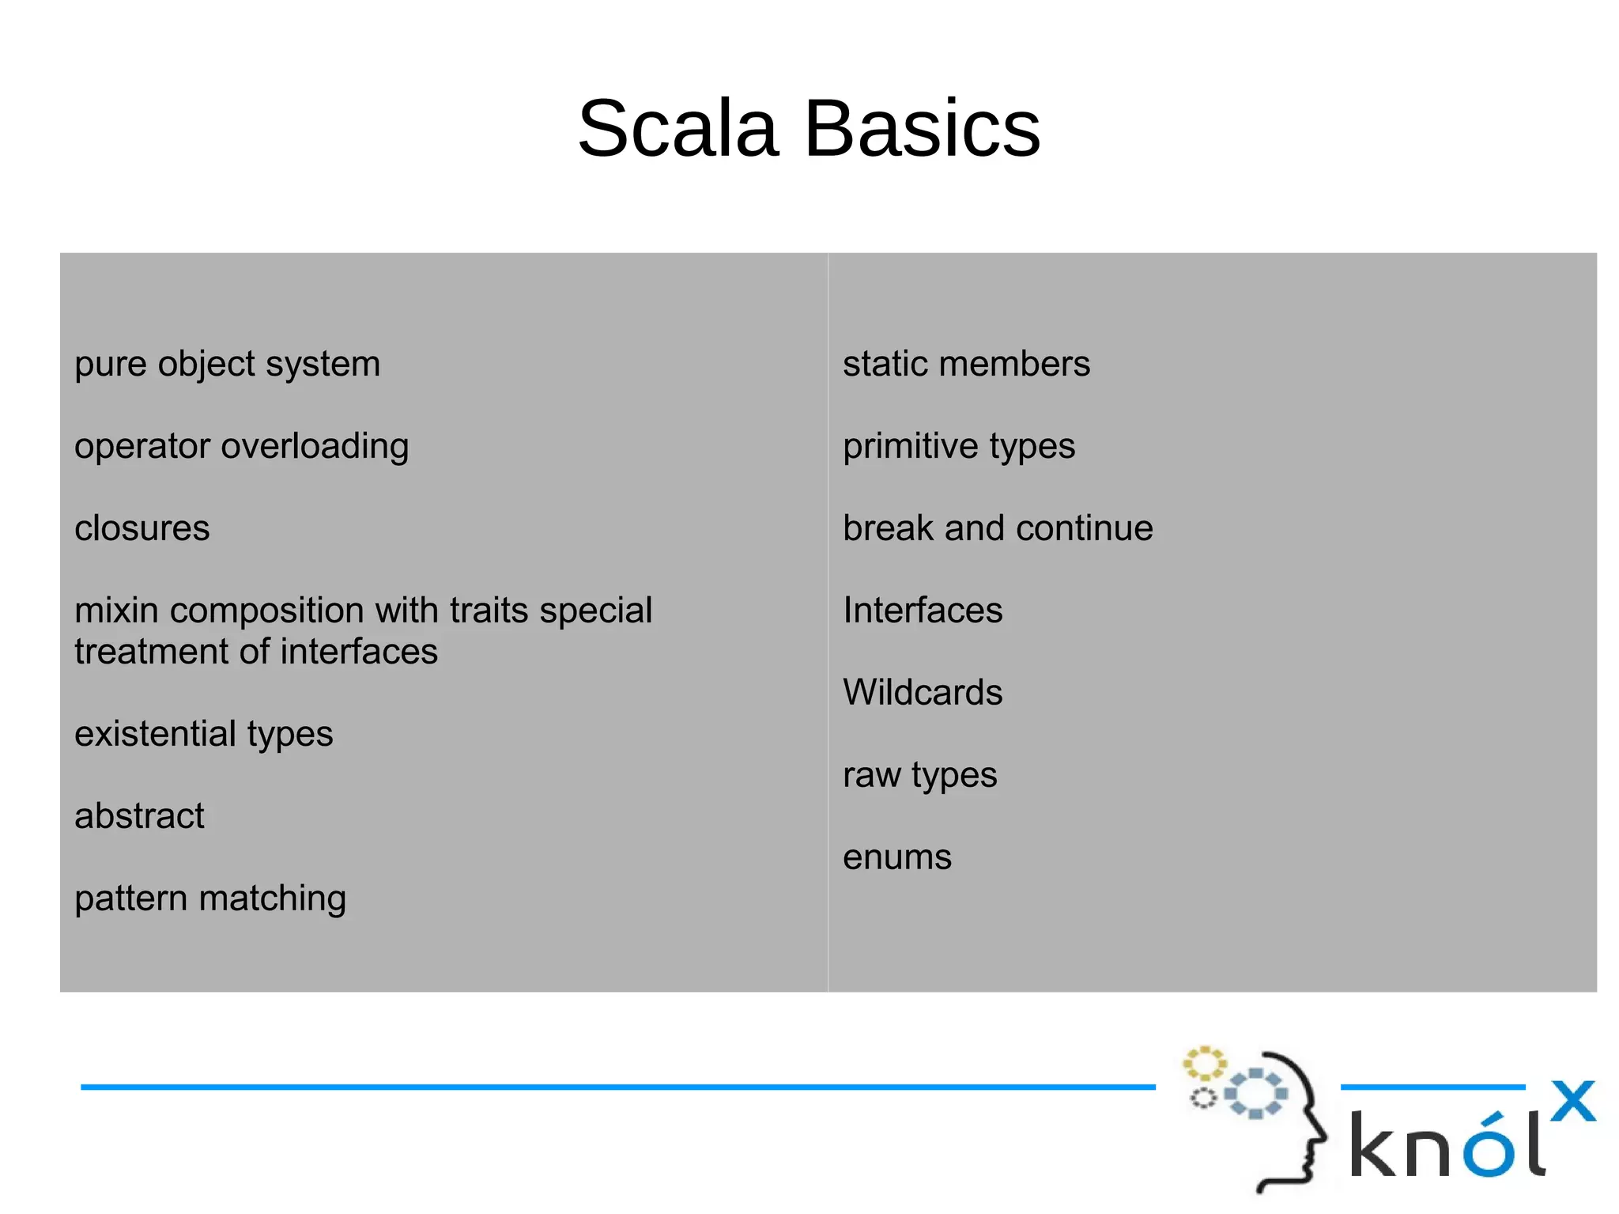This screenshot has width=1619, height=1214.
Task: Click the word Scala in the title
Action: pyautogui.click(x=678, y=129)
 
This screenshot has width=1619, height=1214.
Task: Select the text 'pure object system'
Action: pyautogui.click(x=227, y=365)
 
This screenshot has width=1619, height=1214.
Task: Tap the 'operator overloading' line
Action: pyautogui.click(x=241, y=447)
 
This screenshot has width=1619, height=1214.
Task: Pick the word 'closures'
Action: pyautogui.click(x=142, y=528)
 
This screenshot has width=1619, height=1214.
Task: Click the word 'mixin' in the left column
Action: pyautogui.click(x=116, y=611)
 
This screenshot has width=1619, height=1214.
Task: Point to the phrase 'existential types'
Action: pyautogui.click(x=203, y=734)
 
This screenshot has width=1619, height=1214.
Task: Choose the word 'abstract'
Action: pyautogui.click(x=139, y=816)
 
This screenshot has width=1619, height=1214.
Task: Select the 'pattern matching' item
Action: pyautogui.click(x=210, y=898)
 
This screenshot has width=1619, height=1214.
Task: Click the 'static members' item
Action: pyautogui.click(x=966, y=365)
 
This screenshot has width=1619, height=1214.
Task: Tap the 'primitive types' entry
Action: pyautogui.click(x=959, y=447)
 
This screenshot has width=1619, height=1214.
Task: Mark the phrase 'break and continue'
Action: pyautogui.click(x=998, y=528)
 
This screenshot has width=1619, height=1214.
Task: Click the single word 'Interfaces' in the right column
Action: pyautogui.click(x=923, y=611)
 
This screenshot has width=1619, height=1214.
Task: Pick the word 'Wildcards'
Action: pyautogui.click(x=923, y=693)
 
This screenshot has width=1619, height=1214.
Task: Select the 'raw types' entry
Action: pyautogui.click(x=919, y=776)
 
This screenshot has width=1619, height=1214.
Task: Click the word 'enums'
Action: pyautogui.click(x=897, y=857)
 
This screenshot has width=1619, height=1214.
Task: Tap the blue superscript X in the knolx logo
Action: pyautogui.click(x=1572, y=1101)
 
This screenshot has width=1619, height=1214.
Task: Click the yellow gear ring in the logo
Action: pyautogui.click(x=1203, y=1063)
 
